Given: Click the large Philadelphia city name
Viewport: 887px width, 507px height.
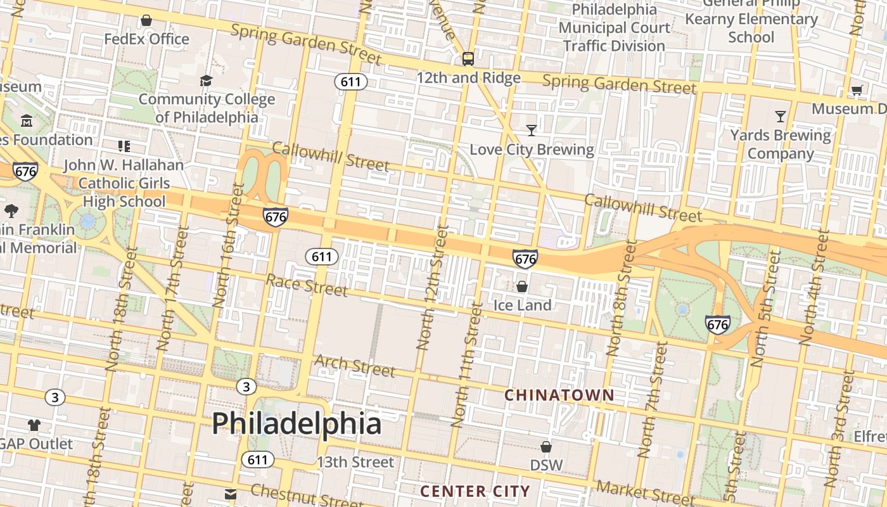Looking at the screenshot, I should tap(297, 423).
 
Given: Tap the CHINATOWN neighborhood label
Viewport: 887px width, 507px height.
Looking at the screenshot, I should tap(559, 395).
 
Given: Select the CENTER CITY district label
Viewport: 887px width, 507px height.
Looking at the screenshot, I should tap(475, 491).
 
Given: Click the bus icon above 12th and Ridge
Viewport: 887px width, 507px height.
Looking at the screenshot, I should tap(468, 59).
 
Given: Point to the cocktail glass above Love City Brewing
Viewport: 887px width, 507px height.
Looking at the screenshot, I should tap(532, 131).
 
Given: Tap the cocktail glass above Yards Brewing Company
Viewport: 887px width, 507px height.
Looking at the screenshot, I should tap(781, 117).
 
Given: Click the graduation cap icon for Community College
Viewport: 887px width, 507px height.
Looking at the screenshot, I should tap(206, 80).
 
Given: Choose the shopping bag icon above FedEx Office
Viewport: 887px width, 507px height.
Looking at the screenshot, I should tap(146, 21).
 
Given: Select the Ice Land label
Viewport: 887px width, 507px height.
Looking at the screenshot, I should tap(522, 305).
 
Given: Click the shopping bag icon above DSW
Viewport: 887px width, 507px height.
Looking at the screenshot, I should tap(546, 447).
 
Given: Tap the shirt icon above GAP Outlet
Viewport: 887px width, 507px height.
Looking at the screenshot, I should tap(34, 425).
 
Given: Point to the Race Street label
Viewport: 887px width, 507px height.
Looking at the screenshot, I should tap(307, 285).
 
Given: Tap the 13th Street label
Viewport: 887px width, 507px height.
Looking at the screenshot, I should tap(355, 462).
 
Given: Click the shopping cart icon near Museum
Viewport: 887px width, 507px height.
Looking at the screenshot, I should tap(857, 90).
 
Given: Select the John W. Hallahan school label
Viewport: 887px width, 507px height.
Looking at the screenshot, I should tap(124, 183).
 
